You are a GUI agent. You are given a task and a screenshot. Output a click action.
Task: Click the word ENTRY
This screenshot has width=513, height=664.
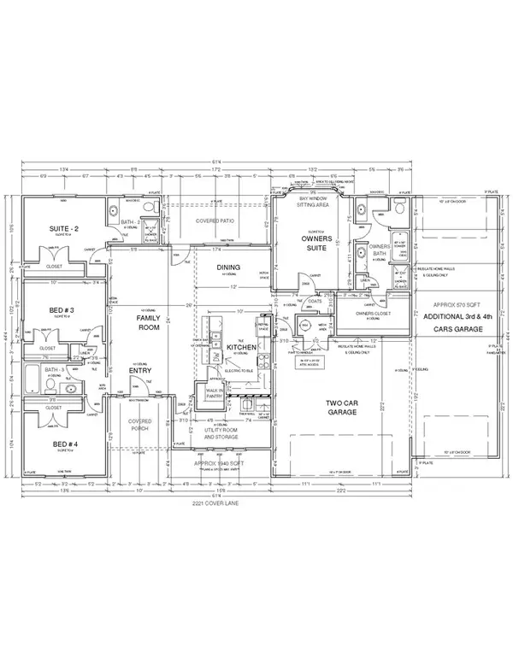(x=141, y=370)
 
